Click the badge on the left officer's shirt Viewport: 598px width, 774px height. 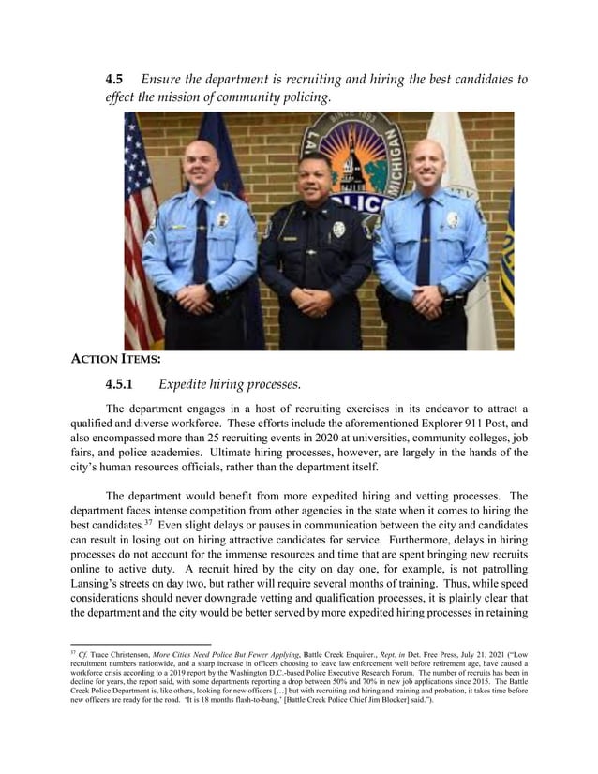(x=222, y=220)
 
